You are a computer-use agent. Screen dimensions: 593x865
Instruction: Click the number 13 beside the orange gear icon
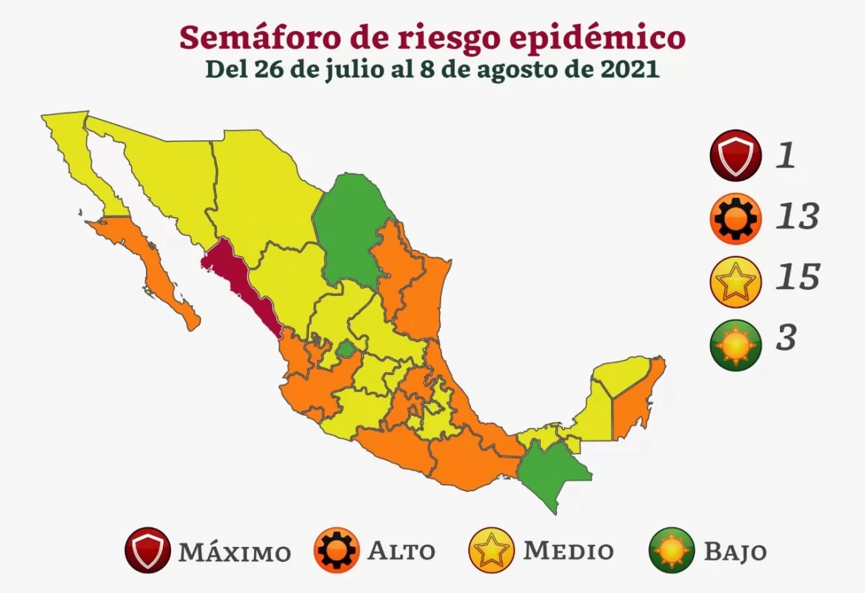798,217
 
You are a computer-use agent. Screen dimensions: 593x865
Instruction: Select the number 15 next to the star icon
798,277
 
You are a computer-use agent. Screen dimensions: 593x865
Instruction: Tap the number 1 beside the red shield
785,157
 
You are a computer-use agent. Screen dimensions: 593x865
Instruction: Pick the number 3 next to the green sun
786,337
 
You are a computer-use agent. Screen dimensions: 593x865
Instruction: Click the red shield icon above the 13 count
733,156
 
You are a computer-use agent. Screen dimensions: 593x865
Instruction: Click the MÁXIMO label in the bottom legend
234,552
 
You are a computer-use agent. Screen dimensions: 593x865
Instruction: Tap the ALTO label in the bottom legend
401,551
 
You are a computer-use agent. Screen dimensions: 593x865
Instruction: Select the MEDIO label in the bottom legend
568,551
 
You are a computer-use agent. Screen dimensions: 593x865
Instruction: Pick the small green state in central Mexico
345,348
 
